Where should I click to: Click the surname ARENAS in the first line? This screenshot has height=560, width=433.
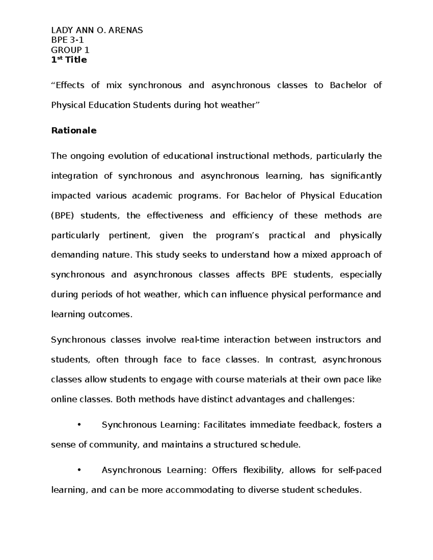point(125,30)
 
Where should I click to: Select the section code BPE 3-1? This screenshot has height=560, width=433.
point(67,40)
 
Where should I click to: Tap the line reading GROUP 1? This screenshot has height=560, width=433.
point(70,50)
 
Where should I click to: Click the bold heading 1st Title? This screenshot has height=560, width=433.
point(69,60)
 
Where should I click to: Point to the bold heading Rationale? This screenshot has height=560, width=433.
point(74,131)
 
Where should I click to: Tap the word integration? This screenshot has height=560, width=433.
point(74,176)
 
